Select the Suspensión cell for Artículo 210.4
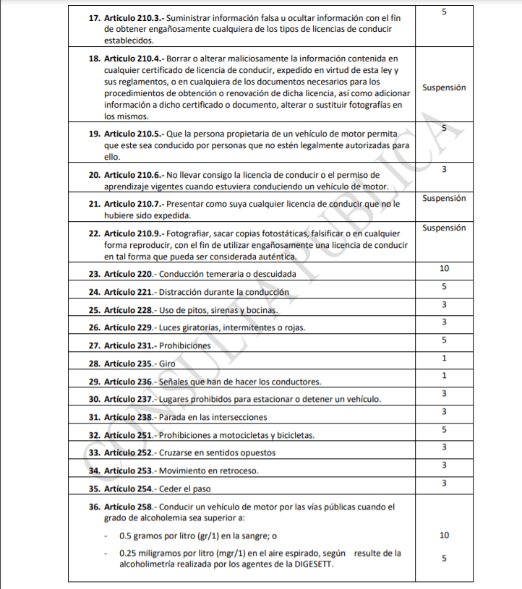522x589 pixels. click(444, 87)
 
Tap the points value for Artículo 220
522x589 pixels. click(444, 269)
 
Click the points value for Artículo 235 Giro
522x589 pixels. click(444, 358)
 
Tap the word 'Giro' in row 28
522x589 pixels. click(168, 364)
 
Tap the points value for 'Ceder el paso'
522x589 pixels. click(444, 483)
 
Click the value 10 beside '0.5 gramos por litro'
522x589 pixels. click(444, 536)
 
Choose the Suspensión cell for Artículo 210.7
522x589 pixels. click(444, 198)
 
